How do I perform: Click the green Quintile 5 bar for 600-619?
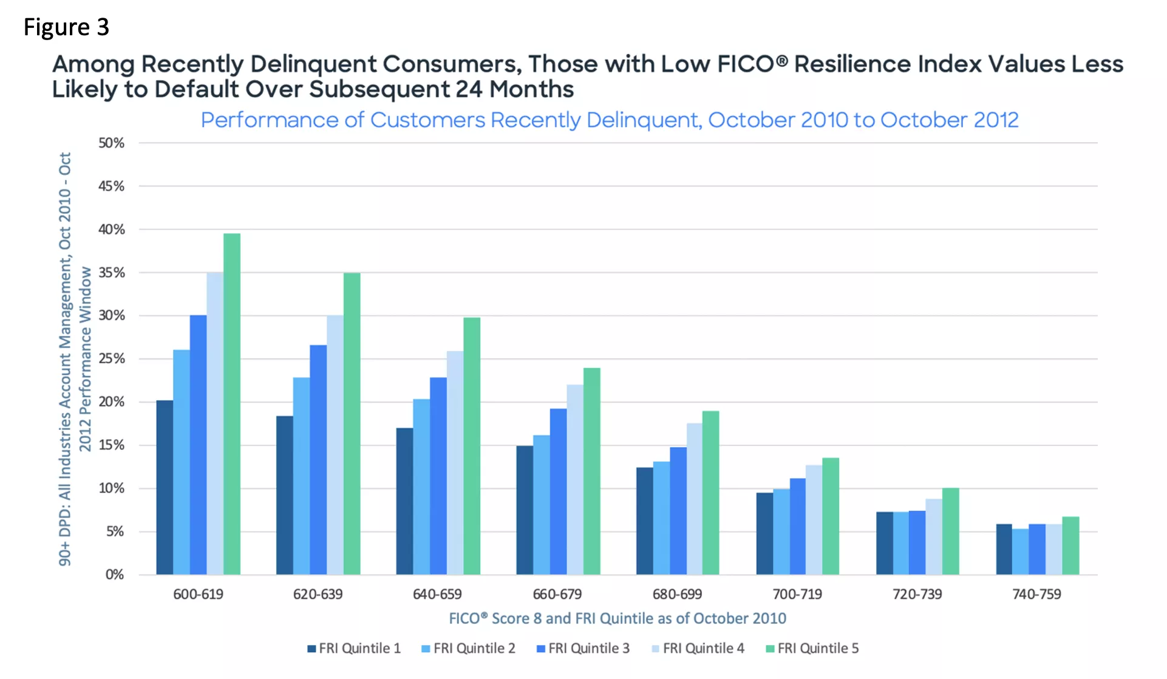231,404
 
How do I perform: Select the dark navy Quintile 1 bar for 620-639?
284,495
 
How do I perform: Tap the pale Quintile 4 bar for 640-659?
455,463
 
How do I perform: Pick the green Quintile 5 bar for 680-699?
710,493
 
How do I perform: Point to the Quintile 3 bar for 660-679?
558,491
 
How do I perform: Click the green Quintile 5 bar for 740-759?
1070,545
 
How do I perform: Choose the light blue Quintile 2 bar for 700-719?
781,531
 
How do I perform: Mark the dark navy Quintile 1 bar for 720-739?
884,543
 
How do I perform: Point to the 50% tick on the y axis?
111,143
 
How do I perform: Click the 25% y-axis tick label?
111,359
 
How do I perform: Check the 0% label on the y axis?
114,575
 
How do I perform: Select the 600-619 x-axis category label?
198,595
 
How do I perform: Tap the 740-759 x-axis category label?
1036,595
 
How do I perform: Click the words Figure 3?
66,27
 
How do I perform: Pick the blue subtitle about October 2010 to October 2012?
609,120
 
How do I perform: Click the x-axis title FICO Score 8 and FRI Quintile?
617,619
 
